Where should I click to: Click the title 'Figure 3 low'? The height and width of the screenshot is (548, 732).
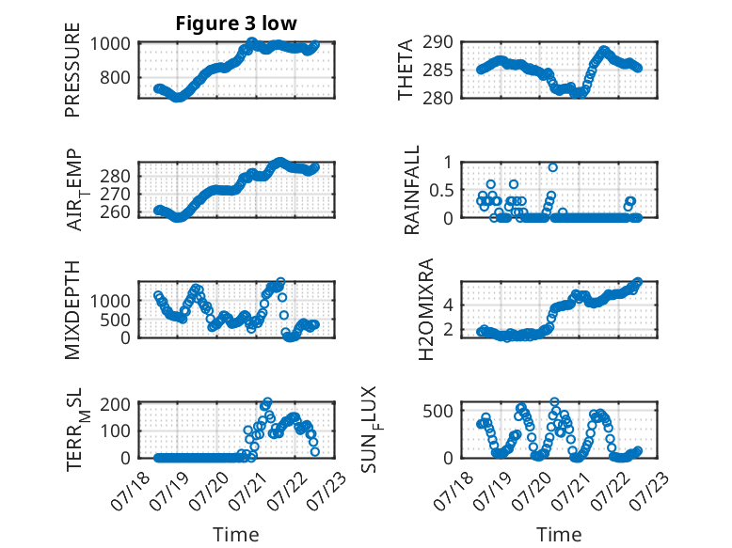click(236, 23)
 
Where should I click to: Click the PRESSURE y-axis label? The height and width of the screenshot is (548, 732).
click(72, 70)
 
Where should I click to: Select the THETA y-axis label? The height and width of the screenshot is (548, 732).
click(406, 70)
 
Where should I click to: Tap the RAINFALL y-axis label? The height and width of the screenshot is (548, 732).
click(412, 190)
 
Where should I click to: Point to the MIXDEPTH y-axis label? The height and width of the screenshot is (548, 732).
click(72, 309)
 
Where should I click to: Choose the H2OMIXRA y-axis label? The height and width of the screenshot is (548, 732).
click(426, 309)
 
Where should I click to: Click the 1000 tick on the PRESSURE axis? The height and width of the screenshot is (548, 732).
click(110, 44)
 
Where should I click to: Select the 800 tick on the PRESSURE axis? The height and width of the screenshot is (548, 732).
click(115, 77)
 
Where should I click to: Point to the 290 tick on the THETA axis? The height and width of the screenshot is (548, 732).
click(438, 42)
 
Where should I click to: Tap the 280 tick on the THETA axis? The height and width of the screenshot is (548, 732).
click(438, 99)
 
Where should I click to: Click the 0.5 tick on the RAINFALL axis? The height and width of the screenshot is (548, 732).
click(441, 190)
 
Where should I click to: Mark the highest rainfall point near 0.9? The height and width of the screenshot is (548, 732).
click(552, 167)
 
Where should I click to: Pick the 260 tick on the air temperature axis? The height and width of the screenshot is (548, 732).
click(115, 212)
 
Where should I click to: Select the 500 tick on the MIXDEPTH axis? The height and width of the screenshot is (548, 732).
click(115, 320)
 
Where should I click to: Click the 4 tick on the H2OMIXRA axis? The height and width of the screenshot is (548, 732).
click(448, 305)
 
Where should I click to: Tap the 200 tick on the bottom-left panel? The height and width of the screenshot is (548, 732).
click(115, 404)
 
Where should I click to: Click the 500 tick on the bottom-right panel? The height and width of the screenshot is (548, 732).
click(438, 411)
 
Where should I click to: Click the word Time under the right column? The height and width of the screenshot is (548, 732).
click(559, 535)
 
